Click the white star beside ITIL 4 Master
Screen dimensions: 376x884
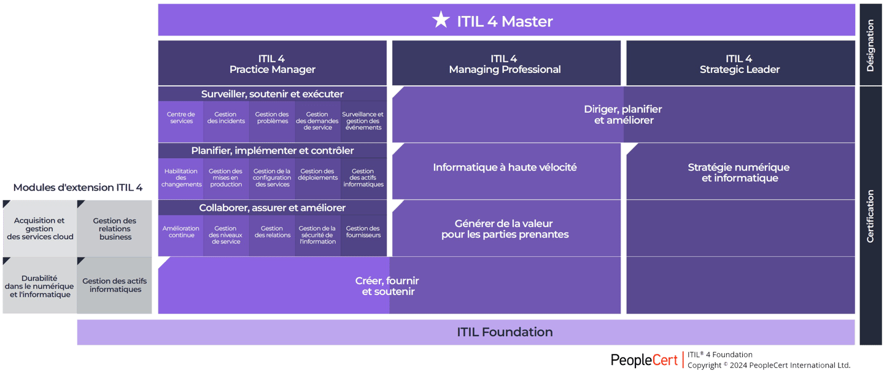tap(441, 20)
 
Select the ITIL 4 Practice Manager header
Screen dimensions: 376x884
tap(272, 64)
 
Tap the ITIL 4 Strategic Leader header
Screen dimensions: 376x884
tap(739, 64)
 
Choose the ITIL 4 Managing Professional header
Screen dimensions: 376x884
tap(505, 64)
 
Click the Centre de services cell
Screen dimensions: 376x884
tap(181, 118)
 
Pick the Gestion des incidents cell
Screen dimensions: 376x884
tap(226, 118)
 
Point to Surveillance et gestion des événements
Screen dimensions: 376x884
tap(363, 121)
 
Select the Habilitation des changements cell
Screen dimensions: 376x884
tap(181, 178)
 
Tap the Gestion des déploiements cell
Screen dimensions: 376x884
tap(317, 175)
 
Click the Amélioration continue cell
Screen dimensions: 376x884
tap(181, 232)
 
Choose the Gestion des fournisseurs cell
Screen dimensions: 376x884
tap(363, 232)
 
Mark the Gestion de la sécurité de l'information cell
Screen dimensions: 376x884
tap(317, 235)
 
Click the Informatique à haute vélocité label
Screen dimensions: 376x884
tap(505, 167)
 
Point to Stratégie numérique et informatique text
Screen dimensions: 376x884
tap(739, 172)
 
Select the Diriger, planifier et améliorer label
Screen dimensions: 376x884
tap(623, 115)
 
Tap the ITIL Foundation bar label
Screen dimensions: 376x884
tap(505, 332)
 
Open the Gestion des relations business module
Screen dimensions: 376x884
tap(115, 229)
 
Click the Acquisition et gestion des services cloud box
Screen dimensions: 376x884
tap(40, 229)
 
